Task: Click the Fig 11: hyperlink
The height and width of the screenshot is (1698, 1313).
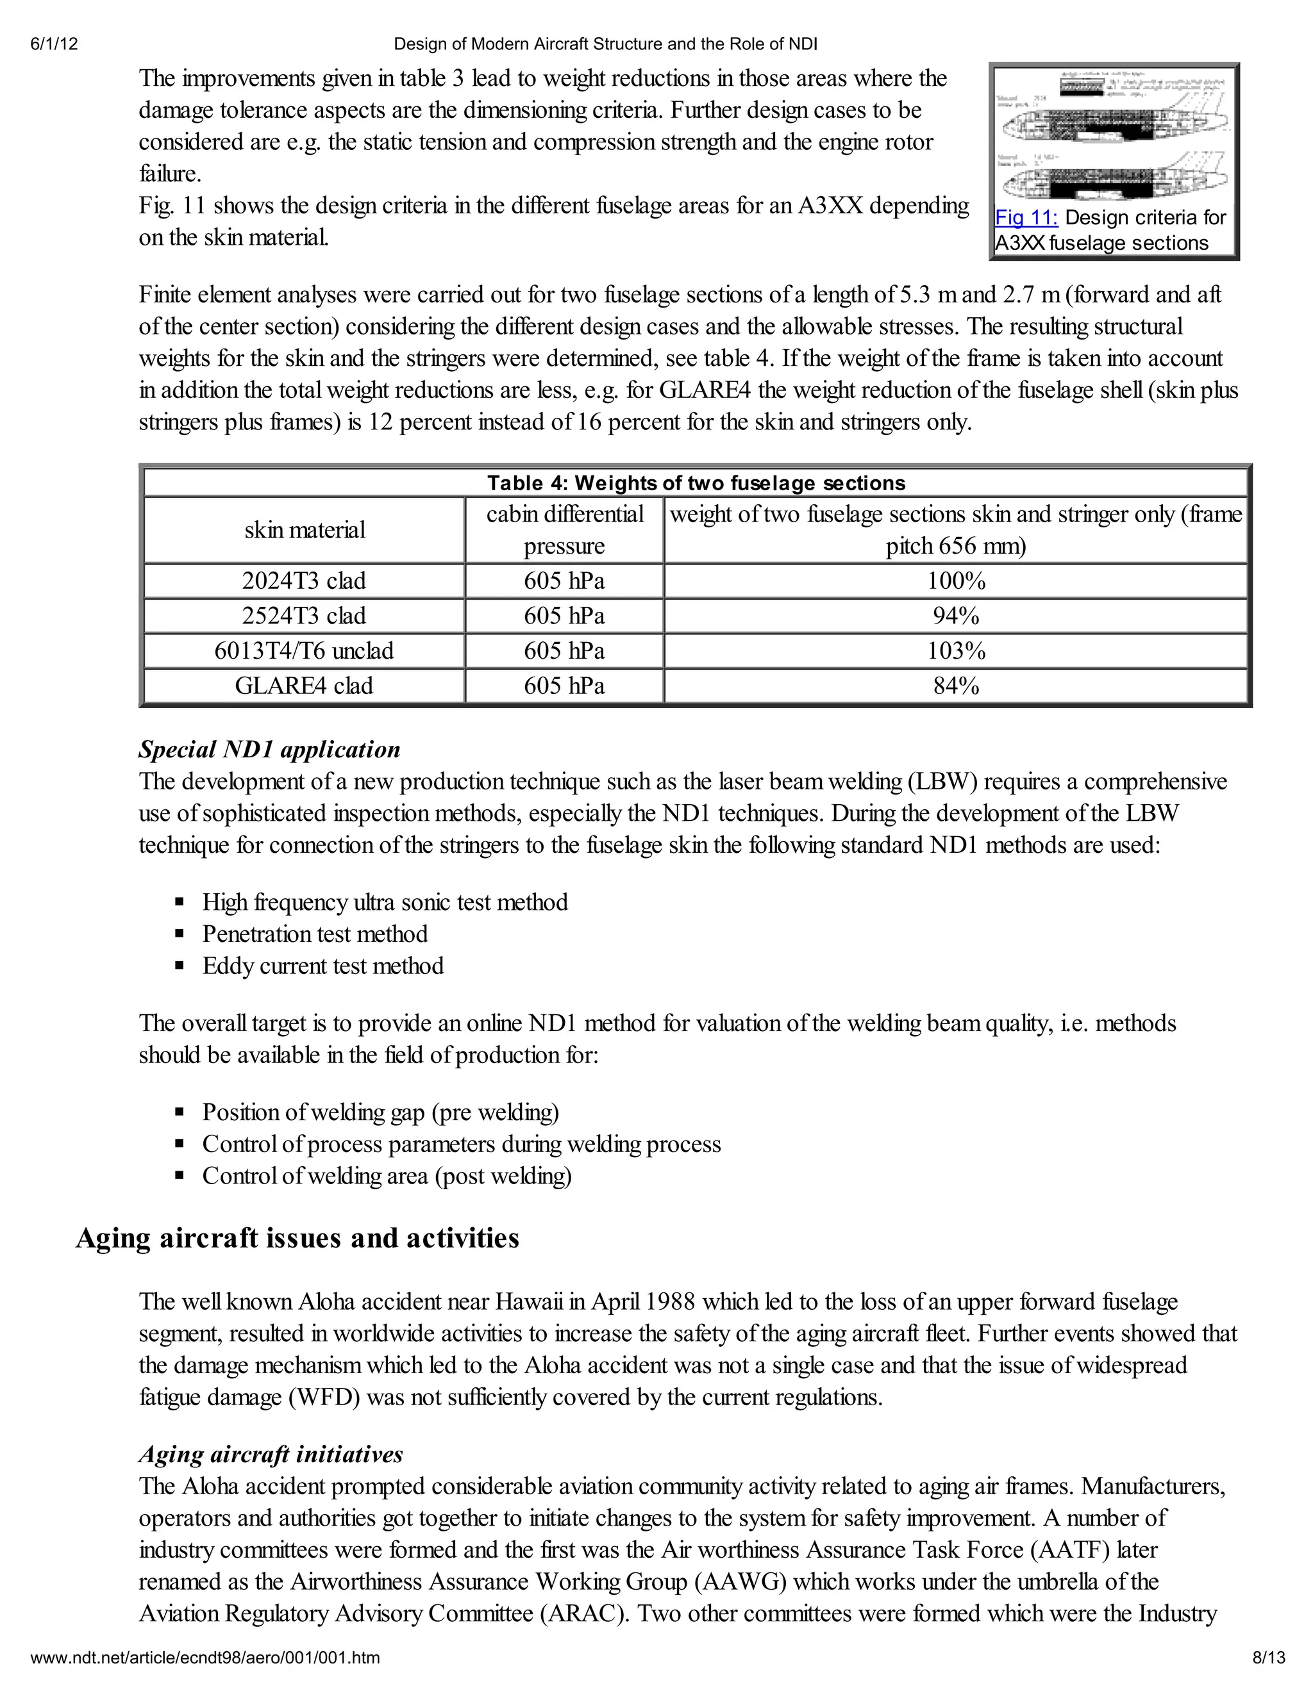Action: pos(1026,218)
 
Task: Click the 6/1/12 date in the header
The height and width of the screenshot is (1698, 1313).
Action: pos(54,44)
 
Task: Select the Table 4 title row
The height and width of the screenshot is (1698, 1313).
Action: pos(696,483)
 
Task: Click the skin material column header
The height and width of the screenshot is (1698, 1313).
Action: pos(304,531)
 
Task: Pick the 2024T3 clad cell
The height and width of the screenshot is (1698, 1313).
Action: pos(304,581)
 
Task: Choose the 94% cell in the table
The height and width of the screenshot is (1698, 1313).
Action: pos(955,616)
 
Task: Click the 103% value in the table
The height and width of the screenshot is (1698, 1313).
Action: pos(955,651)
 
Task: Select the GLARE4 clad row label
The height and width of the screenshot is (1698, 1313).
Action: pos(304,686)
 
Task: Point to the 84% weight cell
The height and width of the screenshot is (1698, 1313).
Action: pos(955,686)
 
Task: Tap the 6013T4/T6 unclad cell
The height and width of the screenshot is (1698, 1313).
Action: pos(304,651)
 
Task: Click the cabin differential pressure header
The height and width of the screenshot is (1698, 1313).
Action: pos(564,531)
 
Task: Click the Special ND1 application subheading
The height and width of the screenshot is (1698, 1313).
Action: pos(269,750)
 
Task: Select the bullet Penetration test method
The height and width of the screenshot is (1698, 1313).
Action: pos(315,934)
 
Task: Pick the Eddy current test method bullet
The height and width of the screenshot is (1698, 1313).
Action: pos(323,966)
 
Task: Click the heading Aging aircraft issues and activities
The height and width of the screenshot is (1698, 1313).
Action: pos(297,1239)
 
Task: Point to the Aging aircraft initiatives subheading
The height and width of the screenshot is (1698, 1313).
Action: pos(271,1454)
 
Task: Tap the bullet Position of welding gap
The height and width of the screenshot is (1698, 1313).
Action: pos(380,1112)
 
